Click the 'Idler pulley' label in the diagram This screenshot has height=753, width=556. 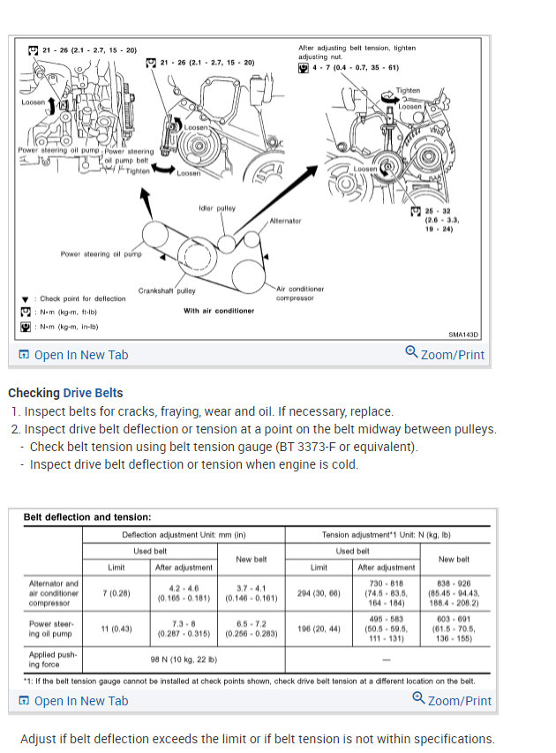[x=217, y=208]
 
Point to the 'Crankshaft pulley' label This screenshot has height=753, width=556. [x=167, y=290]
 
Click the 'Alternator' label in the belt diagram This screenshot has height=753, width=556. [x=285, y=221]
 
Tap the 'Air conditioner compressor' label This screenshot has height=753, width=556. [x=300, y=293]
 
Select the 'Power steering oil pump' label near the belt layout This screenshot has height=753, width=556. [x=101, y=254]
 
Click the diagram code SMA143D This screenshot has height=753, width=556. [x=462, y=335]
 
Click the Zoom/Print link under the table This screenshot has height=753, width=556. [x=452, y=700]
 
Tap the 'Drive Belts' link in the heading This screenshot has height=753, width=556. [x=93, y=393]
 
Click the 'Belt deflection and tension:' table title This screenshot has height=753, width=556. [x=86, y=517]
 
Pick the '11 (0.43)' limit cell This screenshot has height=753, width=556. [x=117, y=629]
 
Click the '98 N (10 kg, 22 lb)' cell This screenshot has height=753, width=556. [x=183, y=659]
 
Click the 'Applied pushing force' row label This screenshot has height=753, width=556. [x=54, y=659]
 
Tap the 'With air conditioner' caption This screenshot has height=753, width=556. [x=219, y=311]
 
